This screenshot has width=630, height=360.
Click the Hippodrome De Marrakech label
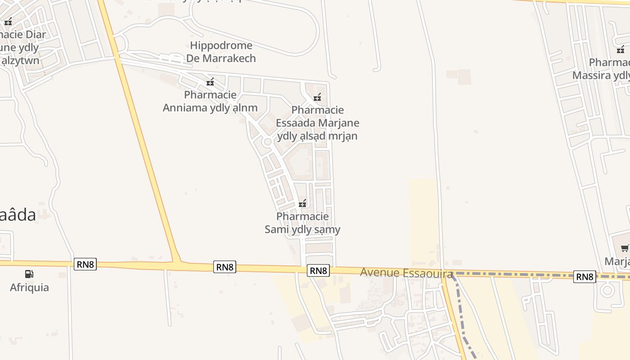click(x=221, y=52)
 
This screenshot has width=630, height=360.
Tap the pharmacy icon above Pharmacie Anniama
click(x=210, y=82)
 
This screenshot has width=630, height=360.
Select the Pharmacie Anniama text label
click(x=210, y=101)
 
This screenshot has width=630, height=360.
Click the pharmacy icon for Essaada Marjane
click(x=317, y=97)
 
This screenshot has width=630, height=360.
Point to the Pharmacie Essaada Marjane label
click(x=317, y=123)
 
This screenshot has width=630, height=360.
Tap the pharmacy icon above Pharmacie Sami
click(x=302, y=204)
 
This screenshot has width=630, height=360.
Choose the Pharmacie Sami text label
click(x=302, y=223)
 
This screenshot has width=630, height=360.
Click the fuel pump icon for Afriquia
click(x=29, y=274)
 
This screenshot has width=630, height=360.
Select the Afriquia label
click(x=29, y=287)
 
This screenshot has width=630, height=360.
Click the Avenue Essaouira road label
click(x=406, y=272)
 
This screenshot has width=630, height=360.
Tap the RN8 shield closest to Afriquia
click(x=85, y=264)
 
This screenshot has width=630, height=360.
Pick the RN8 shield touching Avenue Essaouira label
click(x=319, y=270)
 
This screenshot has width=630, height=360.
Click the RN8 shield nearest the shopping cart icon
click(x=585, y=277)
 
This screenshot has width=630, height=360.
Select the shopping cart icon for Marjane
click(x=625, y=248)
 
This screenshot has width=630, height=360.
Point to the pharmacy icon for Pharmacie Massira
click(x=620, y=49)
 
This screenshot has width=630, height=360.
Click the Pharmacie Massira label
click(x=603, y=68)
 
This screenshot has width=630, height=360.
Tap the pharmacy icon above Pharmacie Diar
click(x=8, y=22)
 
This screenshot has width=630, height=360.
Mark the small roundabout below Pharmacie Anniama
click(x=267, y=142)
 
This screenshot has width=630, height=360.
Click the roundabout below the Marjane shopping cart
click(x=607, y=290)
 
